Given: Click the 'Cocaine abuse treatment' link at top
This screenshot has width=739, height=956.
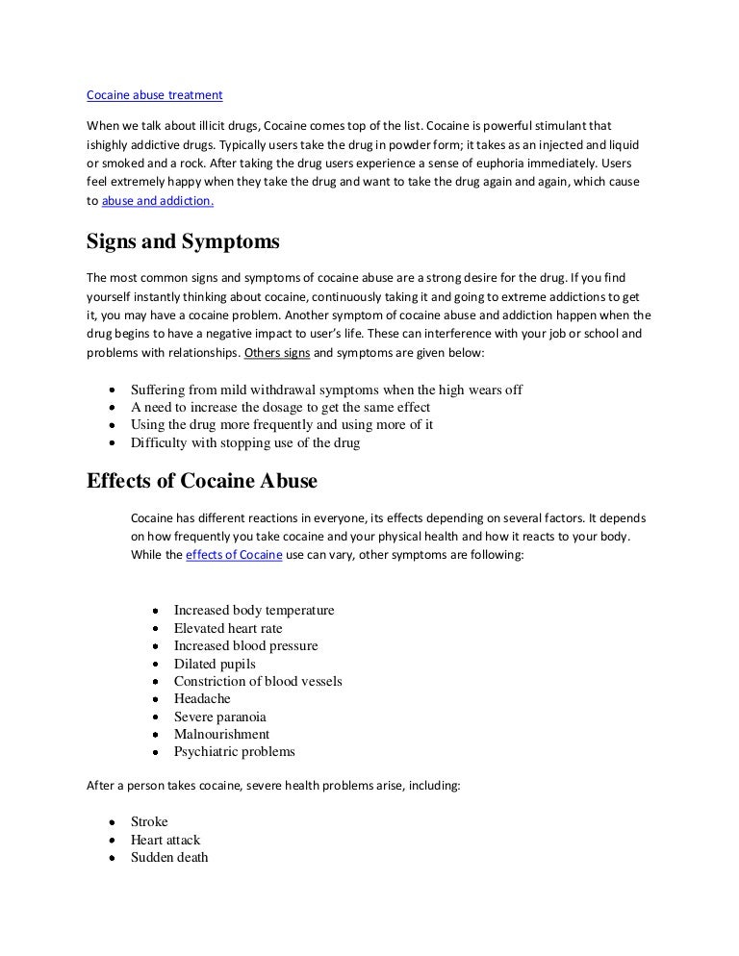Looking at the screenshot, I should click(154, 95).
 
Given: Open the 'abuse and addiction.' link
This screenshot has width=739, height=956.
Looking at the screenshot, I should click(158, 201).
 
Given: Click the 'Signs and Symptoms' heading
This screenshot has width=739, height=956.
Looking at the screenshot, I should click(184, 242).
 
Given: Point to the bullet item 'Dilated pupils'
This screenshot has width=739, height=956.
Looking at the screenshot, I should click(215, 664).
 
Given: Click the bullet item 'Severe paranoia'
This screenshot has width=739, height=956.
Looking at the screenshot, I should click(219, 717).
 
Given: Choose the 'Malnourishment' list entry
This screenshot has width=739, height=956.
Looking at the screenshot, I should click(221, 734).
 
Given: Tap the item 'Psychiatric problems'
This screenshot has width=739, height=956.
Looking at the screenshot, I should click(234, 751).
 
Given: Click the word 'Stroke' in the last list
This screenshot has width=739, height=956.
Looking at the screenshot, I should click(149, 822).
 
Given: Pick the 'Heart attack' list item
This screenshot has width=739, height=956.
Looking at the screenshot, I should click(166, 840).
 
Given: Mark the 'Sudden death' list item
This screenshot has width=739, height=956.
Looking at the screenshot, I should click(169, 857).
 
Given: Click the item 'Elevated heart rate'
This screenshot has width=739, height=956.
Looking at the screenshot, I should click(228, 628).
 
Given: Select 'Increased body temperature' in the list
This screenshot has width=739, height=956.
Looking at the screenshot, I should click(254, 611).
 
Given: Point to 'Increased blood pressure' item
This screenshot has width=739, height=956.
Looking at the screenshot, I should click(245, 646).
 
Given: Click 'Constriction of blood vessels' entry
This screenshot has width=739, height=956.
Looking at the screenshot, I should click(258, 681).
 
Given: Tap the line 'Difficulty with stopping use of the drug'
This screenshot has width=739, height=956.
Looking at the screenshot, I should click(245, 443).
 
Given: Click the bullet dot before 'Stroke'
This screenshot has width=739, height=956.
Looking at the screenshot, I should click(113, 823).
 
